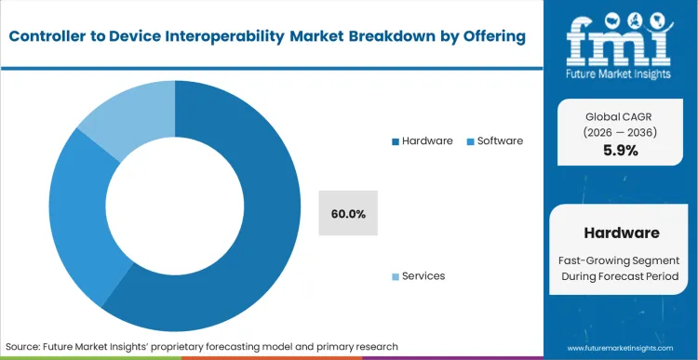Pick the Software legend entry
click(499, 141)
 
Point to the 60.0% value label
click(348, 214)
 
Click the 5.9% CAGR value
click(621, 151)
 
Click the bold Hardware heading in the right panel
click(621, 232)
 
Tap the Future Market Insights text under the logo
click(622, 73)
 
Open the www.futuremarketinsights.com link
click(621, 346)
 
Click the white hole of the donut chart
click(175, 206)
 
